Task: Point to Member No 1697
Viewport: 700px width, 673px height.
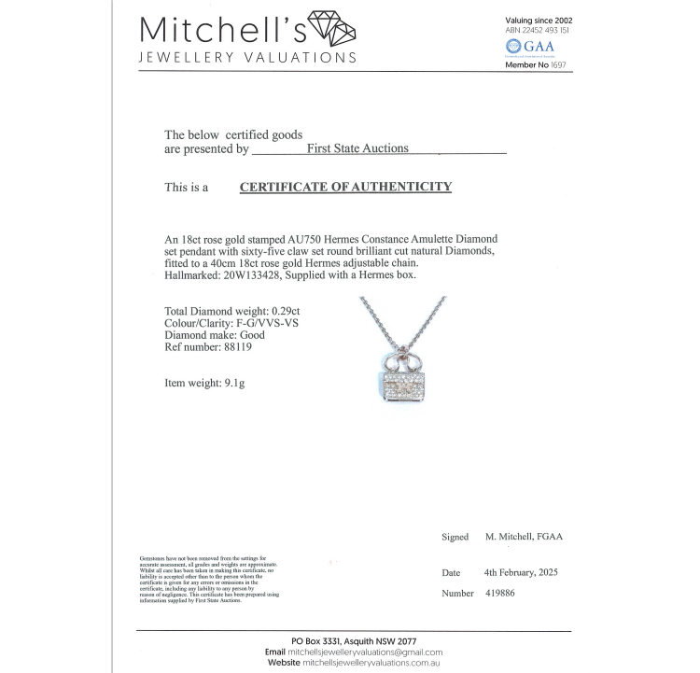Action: coord(536,64)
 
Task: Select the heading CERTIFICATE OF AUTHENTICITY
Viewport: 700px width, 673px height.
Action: coord(345,187)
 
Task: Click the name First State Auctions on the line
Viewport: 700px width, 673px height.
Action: coord(358,147)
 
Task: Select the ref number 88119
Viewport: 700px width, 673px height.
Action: coord(239,346)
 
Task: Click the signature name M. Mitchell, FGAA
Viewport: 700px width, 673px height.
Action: coord(524,537)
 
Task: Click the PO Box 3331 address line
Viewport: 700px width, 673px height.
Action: coord(353,640)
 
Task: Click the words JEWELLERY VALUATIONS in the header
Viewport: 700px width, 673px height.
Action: coord(247,57)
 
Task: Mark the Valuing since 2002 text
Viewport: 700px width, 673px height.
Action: coord(539,20)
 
